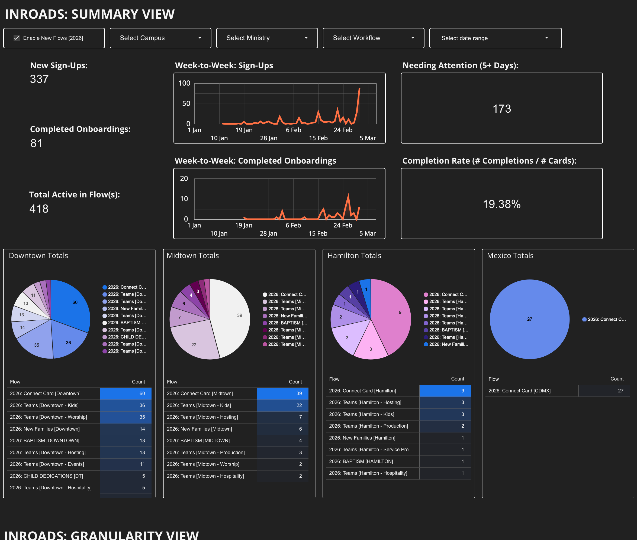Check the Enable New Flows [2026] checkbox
[17, 38]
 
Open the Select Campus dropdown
[160, 38]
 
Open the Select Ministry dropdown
[266, 38]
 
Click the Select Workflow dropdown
[373, 38]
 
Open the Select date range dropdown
[495, 38]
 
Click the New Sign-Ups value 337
[39, 79]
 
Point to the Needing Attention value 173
[501, 109]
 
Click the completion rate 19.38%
[501, 204]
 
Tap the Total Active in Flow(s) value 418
[39, 209]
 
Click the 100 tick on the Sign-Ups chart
[184, 83]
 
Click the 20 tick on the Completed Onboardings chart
[184, 178]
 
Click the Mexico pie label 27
[529, 319]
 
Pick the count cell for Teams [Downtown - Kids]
[126, 405]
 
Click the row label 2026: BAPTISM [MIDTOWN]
[198, 441]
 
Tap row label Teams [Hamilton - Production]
[368, 426]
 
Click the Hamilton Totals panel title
[354, 256]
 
